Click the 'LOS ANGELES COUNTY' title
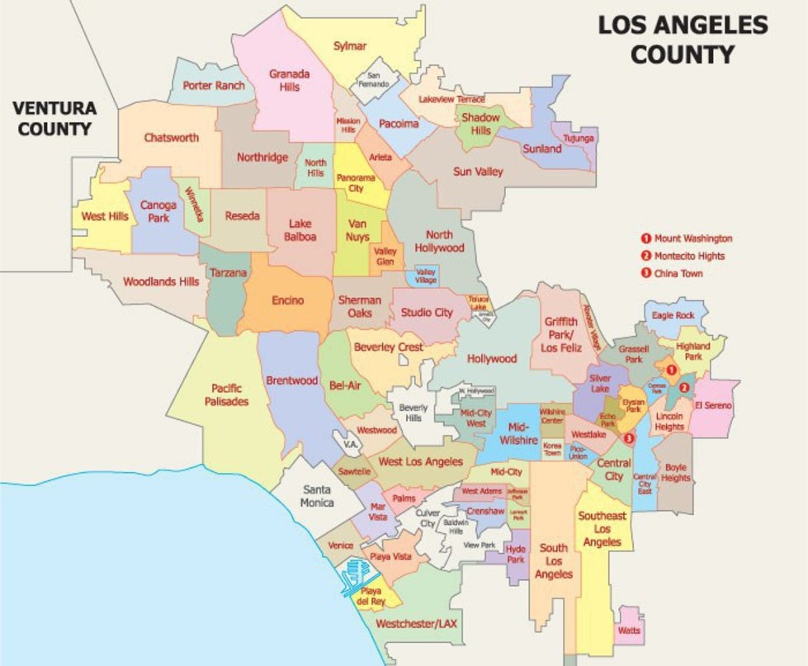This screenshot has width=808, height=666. pos(683,40)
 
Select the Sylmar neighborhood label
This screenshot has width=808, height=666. pos(349,46)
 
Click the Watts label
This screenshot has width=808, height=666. pos(628,631)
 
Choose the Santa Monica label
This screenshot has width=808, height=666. pos(318,495)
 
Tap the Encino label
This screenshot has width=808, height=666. pos(287,300)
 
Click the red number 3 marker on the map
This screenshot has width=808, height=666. pos(631,438)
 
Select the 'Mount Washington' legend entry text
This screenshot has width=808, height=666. pos(692,239)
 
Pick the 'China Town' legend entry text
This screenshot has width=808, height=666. pos(678,273)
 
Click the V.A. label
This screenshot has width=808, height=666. pos(349,444)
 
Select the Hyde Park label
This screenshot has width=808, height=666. pos(516,554)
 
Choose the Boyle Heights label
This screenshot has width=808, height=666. pos(675,472)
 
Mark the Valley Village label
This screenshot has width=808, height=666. pos(425,275)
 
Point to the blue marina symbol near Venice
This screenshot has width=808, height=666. pos(356,576)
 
